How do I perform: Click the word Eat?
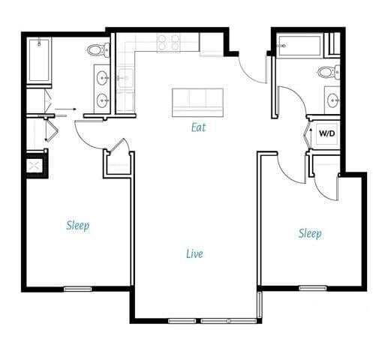pos(198,127)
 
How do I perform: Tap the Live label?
pos(194,253)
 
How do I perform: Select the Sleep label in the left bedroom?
pos(77,225)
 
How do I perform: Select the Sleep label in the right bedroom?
pos(310,233)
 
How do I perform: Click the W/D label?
pos(327,133)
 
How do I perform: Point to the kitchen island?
pos(198,101)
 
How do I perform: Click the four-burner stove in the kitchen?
pos(168,43)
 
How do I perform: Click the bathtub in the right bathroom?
pos(299,45)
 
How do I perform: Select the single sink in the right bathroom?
pos(332,98)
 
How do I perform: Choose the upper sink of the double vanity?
pos(102,76)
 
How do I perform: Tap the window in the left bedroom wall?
pos(77,288)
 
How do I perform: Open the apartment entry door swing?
pos(254,69)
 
